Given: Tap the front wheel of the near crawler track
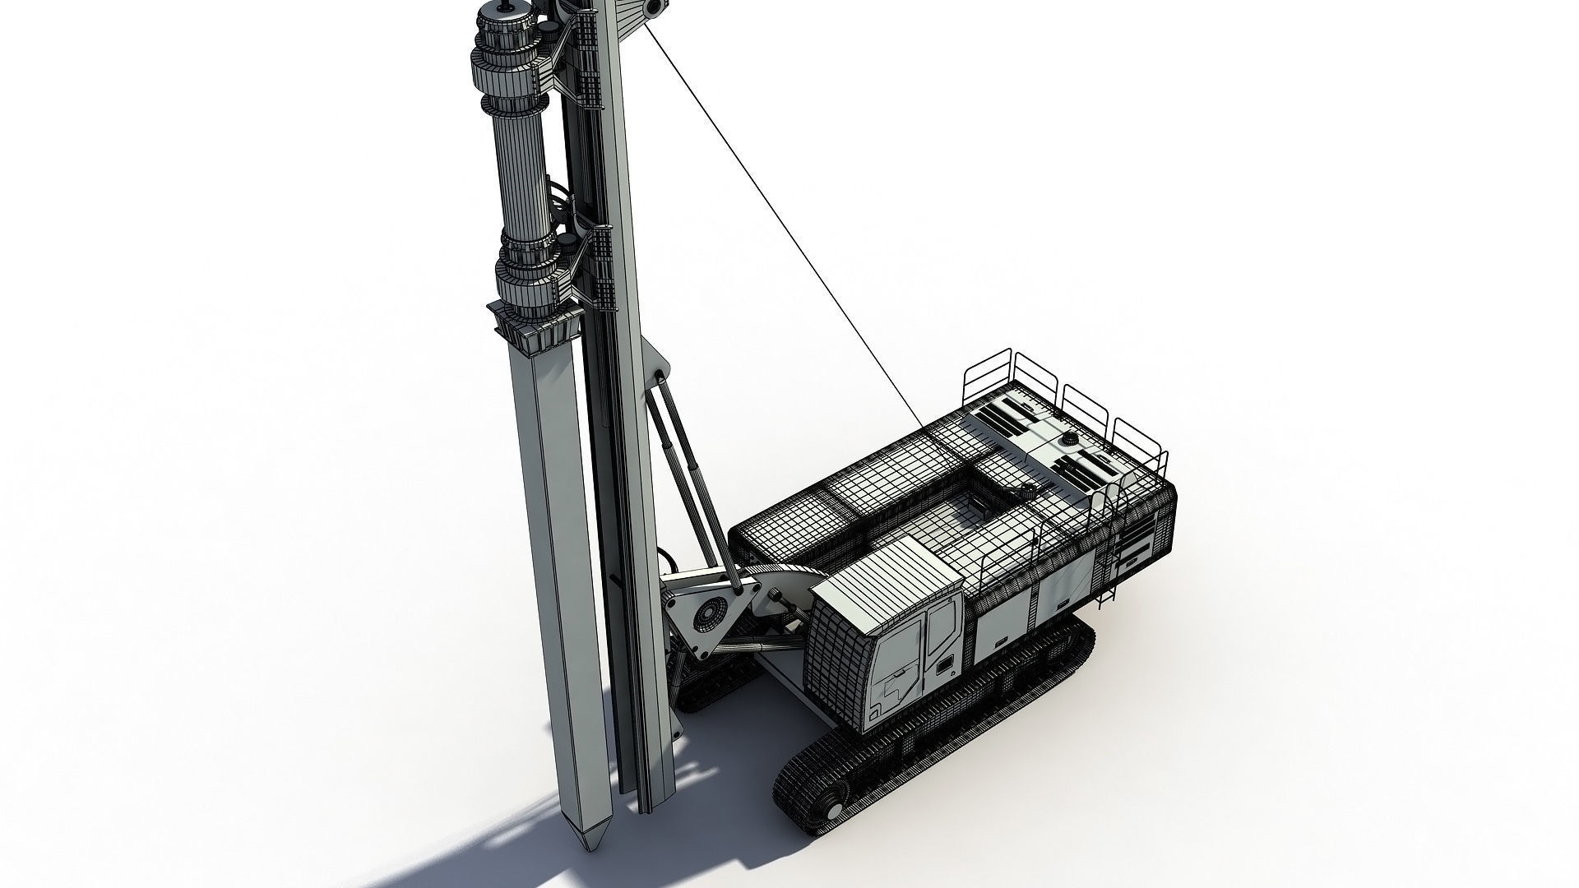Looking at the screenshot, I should click(834, 797).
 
